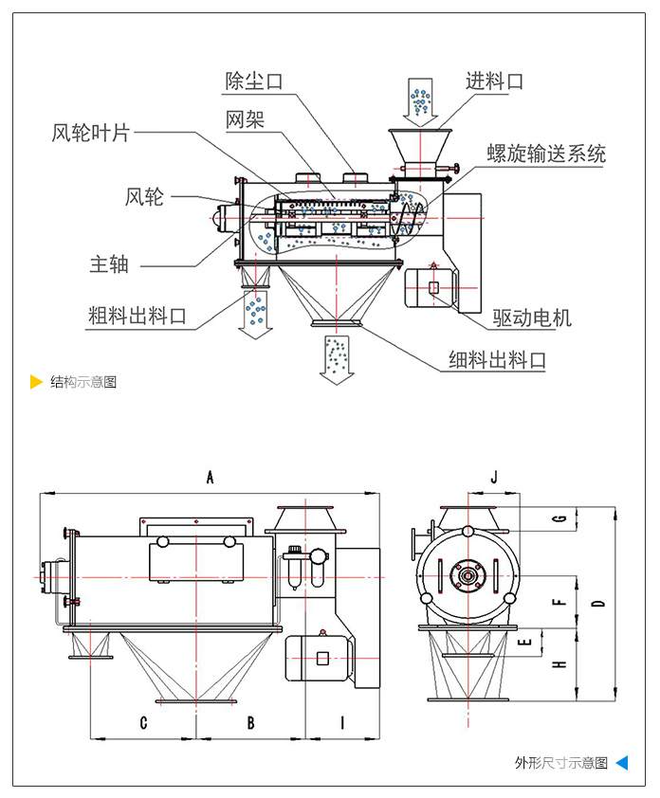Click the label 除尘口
coord(254,82)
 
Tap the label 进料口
coord(493,82)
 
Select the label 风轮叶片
coord(90,133)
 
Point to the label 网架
coord(245,119)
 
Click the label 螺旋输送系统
coord(546,154)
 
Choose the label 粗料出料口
coord(137,316)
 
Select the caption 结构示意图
coord(83,383)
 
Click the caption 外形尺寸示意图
coord(560,763)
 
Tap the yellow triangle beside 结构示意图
coord(36,383)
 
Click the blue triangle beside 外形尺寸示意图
coord(621,763)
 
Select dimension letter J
coord(494,477)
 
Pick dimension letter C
coord(143,723)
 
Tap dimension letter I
coord(342,723)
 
